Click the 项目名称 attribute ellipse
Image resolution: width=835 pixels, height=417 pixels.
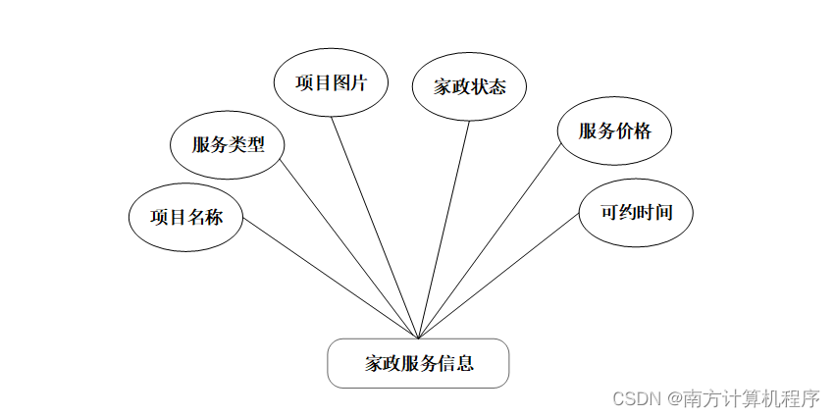[x=186, y=217]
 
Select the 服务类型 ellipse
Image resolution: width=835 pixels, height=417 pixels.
[x=228, y=145]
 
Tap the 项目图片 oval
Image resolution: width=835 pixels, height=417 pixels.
[x=331, y=83]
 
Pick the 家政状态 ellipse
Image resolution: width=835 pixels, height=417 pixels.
[x=470, y=87]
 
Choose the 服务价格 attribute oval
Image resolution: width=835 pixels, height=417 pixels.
[x=614, y=131]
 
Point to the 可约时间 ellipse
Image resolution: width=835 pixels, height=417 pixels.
[x=637, y=211]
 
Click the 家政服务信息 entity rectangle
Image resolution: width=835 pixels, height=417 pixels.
[x=418, y=363]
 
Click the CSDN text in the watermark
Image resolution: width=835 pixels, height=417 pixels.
[x=636, y=398]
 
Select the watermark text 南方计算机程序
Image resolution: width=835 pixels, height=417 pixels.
[x=752, y=398]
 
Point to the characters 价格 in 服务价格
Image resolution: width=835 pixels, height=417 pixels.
[x=633, y=131]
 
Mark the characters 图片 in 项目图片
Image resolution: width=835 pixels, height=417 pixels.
[x=349, y=83]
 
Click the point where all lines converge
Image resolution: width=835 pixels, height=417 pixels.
[x=419, y=339]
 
